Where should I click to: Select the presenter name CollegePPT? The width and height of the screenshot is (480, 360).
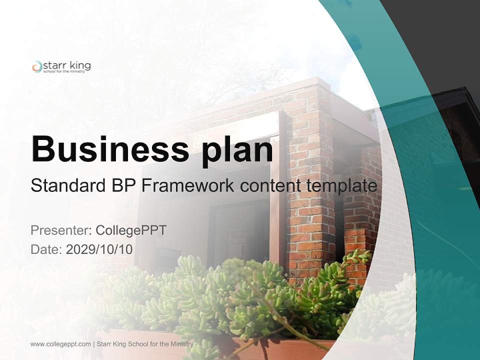coord(131,230)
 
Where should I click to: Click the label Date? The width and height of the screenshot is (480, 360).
coord(46,249)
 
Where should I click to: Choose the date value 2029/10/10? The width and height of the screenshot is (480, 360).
coord(99,249)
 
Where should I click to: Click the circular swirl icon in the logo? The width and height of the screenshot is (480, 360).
coord(36,67)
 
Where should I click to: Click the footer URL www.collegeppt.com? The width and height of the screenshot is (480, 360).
coord(60,344)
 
